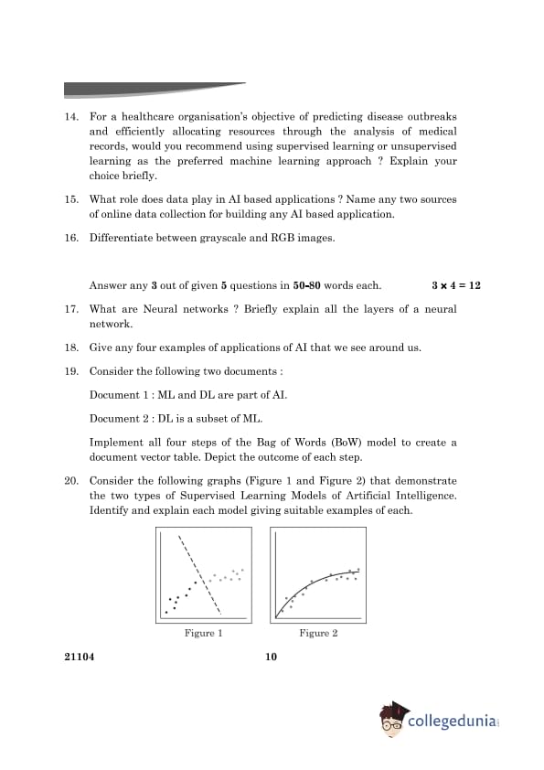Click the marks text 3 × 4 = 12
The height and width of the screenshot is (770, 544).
coord(455,285)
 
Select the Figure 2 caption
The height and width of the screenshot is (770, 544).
coord(318,633)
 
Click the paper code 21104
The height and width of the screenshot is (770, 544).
coord(80,657)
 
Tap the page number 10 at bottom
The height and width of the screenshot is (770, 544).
coord(272,657)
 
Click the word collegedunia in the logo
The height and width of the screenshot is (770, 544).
coord(452,722)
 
